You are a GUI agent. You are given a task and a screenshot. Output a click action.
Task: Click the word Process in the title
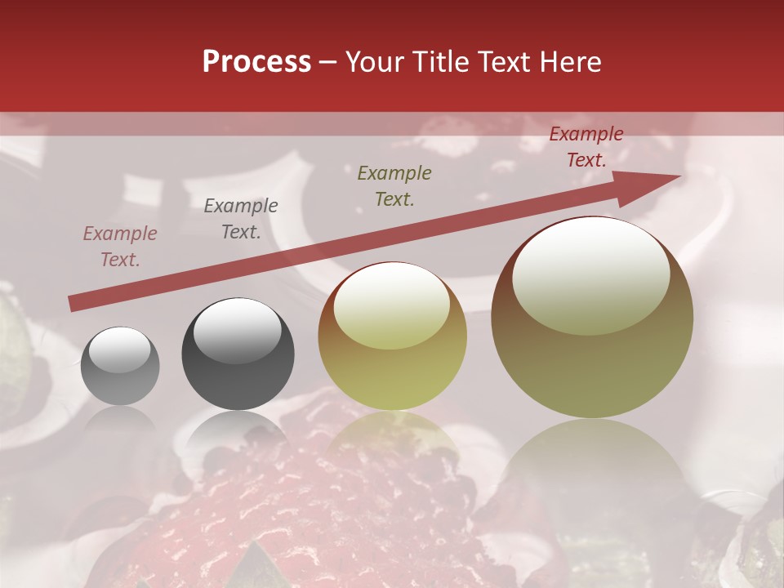pos(256,62)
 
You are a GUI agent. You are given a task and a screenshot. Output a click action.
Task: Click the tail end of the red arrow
pos(73,303)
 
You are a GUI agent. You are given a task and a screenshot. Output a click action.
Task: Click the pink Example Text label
pos(120,247)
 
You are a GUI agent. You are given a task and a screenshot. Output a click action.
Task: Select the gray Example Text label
pos(241,219)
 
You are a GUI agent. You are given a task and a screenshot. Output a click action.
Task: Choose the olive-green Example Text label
pos(394,185)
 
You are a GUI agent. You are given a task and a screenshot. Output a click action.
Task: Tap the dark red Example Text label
pos(586,147)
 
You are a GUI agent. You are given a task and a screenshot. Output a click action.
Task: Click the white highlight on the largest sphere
pos(590,276)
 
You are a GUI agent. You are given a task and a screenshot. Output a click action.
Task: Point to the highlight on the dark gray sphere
pos(237,330)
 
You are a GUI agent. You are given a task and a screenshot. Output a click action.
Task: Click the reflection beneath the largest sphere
pos(592,465)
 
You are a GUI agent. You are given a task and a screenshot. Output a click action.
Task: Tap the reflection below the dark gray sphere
pos(238,433)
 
